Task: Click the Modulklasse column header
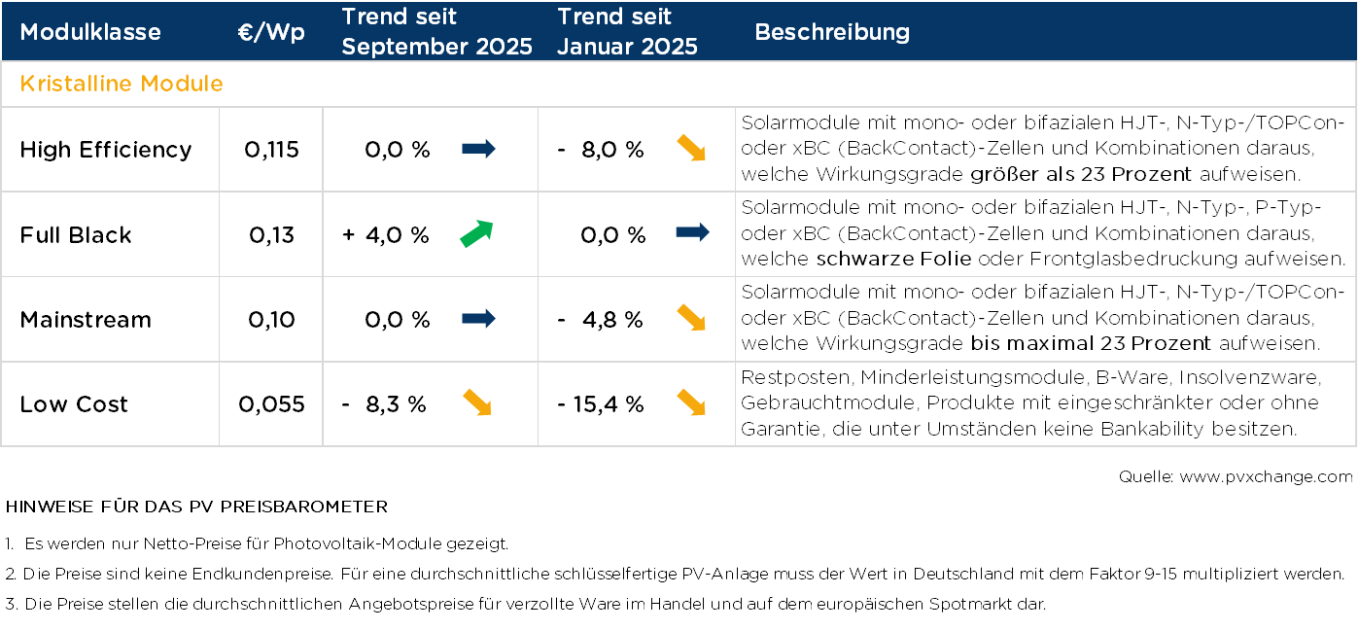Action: (90, 32)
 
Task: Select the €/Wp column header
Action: (271, 32)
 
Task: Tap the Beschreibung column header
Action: (832, 32)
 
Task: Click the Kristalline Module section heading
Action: (122, 84)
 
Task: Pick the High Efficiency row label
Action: (106, 150)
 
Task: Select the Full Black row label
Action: (76, 235)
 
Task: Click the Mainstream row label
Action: (86, 320)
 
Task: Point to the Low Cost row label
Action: (74, 404)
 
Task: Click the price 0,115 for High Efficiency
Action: (271, 150)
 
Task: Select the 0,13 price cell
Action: (271, 235)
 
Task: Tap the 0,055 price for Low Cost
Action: (271, 404)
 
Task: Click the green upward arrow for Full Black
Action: (476, 234)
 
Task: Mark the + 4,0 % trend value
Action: (386, 235)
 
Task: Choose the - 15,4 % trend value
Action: (601, 404)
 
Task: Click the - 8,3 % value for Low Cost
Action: (384, 404)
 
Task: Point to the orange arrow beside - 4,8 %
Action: (691, 318)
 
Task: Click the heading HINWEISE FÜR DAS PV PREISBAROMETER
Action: (196, 507)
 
